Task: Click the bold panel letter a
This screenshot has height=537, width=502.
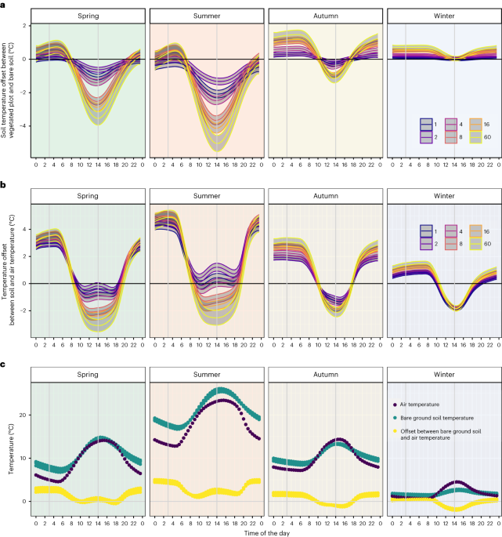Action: click(4, 5)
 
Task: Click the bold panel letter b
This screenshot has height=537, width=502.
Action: click(4, 186)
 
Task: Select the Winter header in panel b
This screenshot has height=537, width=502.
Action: click(443, 197)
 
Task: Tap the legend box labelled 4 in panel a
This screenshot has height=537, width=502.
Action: click(451, 124)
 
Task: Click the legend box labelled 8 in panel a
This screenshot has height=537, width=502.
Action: click(451, 136)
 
